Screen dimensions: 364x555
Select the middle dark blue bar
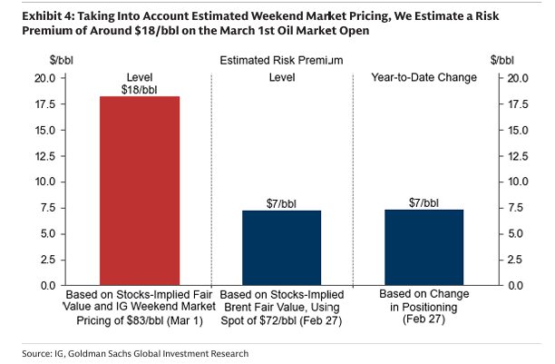click(x=281, y=248)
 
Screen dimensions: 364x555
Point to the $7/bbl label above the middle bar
click(x=281, y=202)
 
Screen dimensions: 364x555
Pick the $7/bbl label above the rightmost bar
click(x=424, y=202)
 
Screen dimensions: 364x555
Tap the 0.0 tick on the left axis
click(x=48, y=286)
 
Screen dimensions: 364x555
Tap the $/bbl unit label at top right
click(x=502, y=60)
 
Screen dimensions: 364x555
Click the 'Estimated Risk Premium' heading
click(x=281, y=61)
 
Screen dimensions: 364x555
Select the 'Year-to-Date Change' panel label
click(x=424, y=78)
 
